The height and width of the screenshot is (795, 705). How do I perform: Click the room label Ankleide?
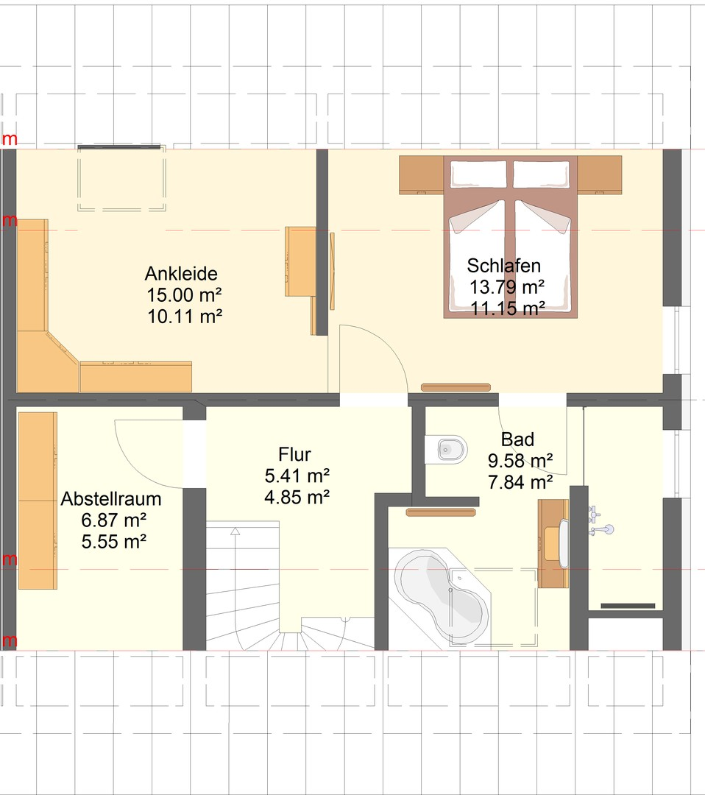pos(181,274)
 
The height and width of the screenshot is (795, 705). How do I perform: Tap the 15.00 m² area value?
pos(185,294)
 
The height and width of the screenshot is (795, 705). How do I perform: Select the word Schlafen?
pos(504,266)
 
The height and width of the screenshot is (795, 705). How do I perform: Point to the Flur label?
pos(294,454)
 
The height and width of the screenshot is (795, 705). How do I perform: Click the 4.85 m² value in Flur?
pos(297,497)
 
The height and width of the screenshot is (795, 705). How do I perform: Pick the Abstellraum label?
pos(111,499)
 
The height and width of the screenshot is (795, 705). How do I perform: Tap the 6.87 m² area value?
pos(114,520)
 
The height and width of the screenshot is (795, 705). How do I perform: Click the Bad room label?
pos(517,439)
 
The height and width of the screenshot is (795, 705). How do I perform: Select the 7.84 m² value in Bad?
pos(520,482)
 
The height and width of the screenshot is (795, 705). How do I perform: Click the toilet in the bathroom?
pos(445,449)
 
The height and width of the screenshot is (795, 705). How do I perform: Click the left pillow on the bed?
pos(478,174)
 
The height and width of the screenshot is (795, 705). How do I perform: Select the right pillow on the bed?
pos(542,174)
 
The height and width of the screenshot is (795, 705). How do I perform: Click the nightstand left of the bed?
pos(422,174)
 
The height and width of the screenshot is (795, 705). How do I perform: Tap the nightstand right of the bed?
pos(600,174)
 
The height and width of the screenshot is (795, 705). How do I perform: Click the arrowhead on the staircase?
pos(235,531)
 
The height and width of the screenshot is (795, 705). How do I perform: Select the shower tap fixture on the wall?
pos(602,530)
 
